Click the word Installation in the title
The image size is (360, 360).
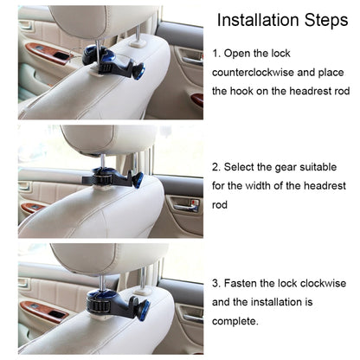[260, 20]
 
